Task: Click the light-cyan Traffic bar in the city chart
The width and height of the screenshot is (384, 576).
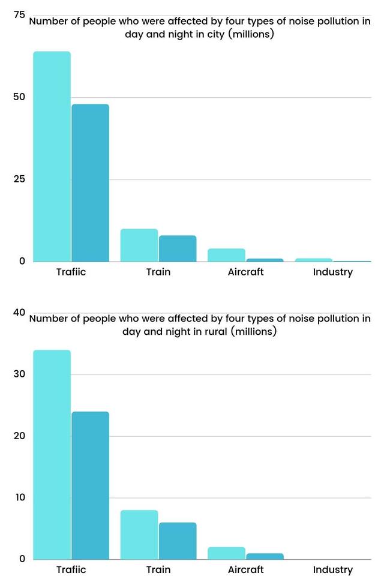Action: tap(52, 156)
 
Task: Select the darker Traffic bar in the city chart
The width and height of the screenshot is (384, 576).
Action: tap(90, 183)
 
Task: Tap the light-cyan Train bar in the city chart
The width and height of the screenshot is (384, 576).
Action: tap(139, 245)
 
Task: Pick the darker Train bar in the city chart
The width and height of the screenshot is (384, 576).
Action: tap(178, 248)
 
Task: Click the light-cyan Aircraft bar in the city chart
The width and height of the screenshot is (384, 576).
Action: tap(226, 255)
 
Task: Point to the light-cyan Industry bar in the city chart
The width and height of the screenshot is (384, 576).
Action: tap(313, 260)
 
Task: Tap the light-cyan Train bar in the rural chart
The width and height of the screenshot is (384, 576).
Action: tap(139, 535)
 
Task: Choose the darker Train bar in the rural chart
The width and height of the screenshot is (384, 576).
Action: tap(178, 541)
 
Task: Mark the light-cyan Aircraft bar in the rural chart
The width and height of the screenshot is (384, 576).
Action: tap(226, 553)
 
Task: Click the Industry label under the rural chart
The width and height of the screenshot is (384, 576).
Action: tap(332, 569)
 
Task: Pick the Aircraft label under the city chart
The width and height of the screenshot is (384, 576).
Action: tap(245, 272)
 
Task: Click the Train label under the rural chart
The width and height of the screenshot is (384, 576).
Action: tap(158, 569)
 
